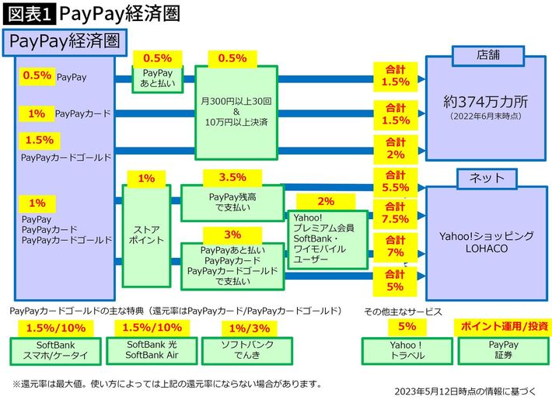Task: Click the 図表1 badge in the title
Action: pyautogui.click(x=27, y=13)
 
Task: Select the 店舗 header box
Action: pyautogui.click(x=487, y=56)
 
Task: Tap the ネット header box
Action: pyautogui.click(x=487, y=178)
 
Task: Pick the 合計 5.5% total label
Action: pyautogui.click(x=395, y=181)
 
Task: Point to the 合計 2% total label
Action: pyautogui.click(x=395, y=148)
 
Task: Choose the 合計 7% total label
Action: pyautogui.click(x=395, y=246)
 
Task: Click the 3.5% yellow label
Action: pyautogui.click(x=232, y=177)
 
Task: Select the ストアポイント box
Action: pyautogui.click(x=147, y=234)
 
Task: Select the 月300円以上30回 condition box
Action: pyautogui.click(x=234, y=112)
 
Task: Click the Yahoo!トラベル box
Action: pyautogui.click(x=406, y=350)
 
